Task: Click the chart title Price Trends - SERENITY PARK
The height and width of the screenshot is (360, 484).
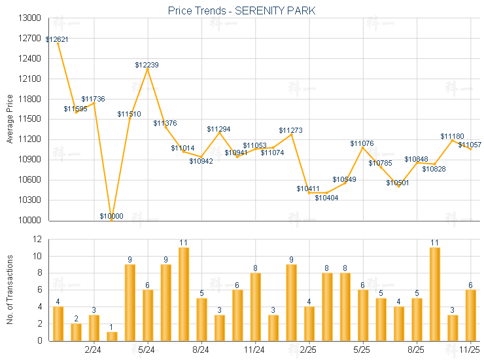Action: tap(241, 10)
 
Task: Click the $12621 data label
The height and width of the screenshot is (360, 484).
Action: tap(57, 39)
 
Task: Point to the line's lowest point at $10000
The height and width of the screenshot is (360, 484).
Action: tap(112, 220)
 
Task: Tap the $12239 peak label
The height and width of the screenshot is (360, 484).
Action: tap(147, 65)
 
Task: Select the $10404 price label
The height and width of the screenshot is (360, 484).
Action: tap(326, 198)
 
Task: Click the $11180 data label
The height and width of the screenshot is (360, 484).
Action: tap(452, 135)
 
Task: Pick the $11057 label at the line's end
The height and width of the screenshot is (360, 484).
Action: tap(470, 145)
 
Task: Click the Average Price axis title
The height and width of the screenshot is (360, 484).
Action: tap(10, 119)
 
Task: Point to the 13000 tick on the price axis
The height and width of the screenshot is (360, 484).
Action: tap(29, 18)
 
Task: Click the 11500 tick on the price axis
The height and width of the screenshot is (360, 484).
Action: tap(29, 119)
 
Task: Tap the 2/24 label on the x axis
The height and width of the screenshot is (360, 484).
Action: tap(94, 350)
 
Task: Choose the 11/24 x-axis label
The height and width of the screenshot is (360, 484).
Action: tap(255, 350)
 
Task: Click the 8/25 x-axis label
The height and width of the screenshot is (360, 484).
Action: tap(417, 350)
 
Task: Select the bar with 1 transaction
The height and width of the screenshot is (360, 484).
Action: tap(112, 336)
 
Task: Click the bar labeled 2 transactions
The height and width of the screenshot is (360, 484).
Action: tap(76, 332)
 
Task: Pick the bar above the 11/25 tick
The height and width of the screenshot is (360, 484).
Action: tap(470, 315)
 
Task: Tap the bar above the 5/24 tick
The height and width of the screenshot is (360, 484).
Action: tap(148, 315)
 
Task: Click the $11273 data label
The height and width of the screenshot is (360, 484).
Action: tap(290, 130)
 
